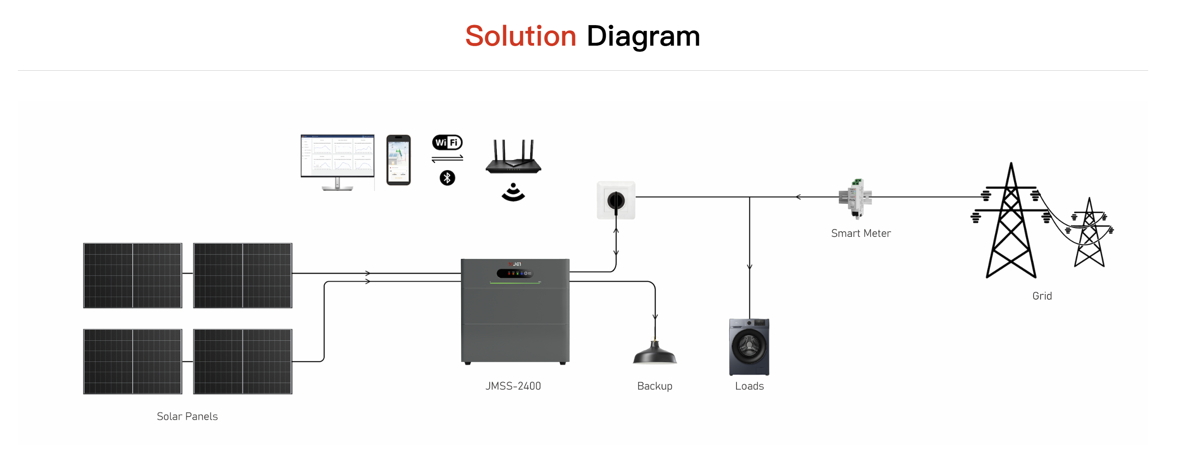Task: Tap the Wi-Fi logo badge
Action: click(447, 142)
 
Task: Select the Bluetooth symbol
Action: click(447, 178)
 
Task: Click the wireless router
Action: click(513, 158)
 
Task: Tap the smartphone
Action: click(398, 160)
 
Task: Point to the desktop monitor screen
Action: click(337, 156)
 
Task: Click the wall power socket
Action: click(616, 200)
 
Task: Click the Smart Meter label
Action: click(861, 233)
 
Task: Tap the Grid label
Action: click(1042, 296)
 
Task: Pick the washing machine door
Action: click(748, 346)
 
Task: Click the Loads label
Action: click(749, 386)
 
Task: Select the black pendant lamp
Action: click(655, 354)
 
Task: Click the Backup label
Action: click(655, 386)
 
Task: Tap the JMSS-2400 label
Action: click(513, 386)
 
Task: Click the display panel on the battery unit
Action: click(515, 274)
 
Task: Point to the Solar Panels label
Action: click(187, 416)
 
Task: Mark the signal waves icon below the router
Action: click(513, 192)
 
